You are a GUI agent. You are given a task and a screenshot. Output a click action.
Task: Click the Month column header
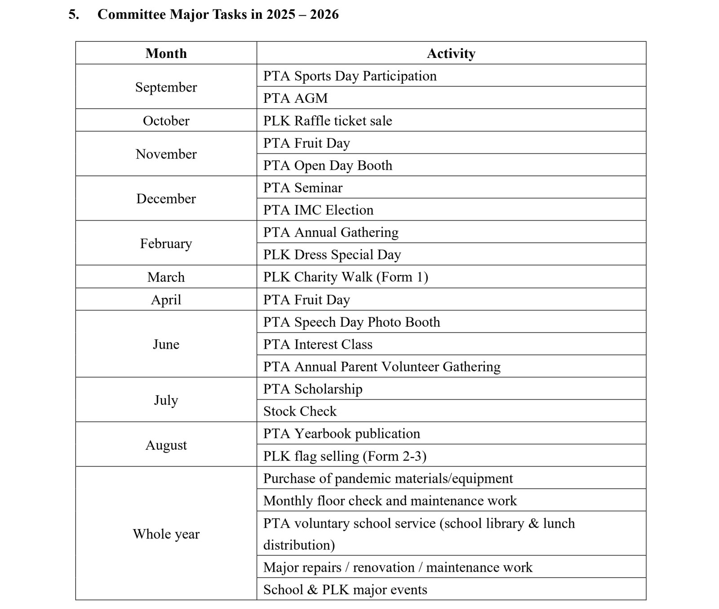click(166, 53)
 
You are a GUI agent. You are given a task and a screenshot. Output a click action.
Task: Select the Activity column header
click(451, 53)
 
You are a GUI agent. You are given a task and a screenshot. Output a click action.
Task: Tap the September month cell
click(166, 87)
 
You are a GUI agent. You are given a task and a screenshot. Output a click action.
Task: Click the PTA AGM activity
click(295, 98)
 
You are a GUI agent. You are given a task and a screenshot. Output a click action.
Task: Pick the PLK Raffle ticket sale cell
click(327, 121)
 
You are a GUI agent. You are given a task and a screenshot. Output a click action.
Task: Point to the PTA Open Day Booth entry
click(327, 165)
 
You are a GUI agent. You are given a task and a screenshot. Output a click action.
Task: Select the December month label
click(166, 198)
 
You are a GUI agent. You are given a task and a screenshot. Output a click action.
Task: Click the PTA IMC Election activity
click(318, 210)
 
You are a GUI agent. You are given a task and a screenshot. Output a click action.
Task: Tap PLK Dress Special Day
click(332, 254)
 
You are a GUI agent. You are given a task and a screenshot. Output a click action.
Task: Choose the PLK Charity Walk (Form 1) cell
click(345, 277)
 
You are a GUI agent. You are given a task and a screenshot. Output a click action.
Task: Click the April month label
click(166, 299)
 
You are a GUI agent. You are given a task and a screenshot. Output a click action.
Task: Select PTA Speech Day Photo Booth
click(351, 322)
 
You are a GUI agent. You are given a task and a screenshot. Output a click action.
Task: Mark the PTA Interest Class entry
click(318, 344)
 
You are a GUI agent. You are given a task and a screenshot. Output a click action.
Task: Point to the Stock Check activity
click(300, 411)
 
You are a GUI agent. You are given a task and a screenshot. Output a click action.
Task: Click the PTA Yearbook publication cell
click(342, 434)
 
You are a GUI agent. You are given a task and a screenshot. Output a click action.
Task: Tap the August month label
click(166, 445)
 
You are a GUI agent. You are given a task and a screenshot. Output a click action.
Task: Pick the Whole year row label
click(166, 534)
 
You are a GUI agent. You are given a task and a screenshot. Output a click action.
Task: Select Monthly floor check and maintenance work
click(390, 500)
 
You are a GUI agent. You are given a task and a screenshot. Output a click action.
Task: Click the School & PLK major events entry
click(345, 589)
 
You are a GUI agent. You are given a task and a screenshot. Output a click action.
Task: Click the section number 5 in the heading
click(73, 14)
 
